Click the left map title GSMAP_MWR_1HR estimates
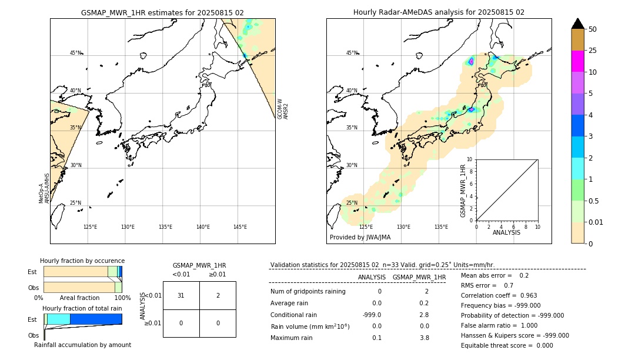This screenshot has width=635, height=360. click(162, 12)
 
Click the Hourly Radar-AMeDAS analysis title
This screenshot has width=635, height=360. click(439, 12)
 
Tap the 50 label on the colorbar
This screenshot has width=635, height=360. click(593, 29)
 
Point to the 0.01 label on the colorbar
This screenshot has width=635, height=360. click(596, 222)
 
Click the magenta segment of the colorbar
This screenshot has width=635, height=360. click(577, 61)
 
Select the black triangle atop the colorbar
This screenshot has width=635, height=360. click(577, 24)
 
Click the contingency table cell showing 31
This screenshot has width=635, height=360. click(181, 295)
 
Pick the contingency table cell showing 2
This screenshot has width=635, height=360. click(218, 295)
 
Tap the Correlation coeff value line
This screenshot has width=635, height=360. click(499, 295)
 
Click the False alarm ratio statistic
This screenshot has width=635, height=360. click(499, 325)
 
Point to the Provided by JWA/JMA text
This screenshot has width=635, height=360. click(360, 238)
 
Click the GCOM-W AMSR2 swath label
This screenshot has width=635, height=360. click(283, 109)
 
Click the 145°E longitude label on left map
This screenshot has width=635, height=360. click(240, 227)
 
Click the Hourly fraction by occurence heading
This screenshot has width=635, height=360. click(82, 261)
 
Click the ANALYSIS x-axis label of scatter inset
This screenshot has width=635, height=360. click(506, 232)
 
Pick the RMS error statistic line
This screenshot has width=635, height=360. click(479, 285)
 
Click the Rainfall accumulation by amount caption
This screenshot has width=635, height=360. click(82, 345)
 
